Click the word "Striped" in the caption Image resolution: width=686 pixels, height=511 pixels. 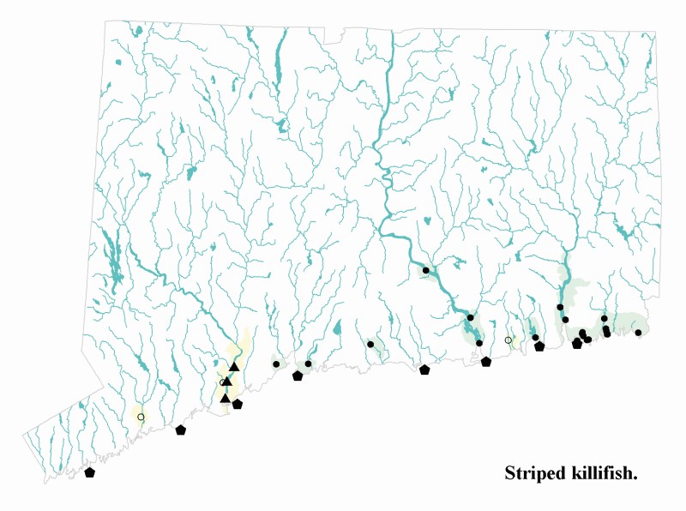click(x=534, y=473)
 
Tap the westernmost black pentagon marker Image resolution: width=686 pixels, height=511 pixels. click(x=89, y=472)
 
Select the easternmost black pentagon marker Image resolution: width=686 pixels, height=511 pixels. click(x=577, y=344)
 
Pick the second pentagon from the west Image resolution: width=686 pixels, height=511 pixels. click(x=180, y=430)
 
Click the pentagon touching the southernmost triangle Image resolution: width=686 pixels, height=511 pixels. click(x=237, y=403)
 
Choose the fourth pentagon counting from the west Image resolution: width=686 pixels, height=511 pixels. click(x=298, y=376)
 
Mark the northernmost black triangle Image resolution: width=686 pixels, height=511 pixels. click(x=233, y=367)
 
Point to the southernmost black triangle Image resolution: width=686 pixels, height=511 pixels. click(x=225, y=398)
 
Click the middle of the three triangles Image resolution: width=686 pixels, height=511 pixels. click(x=227, y=382)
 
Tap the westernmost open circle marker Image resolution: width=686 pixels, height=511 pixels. click(x=141, y=417)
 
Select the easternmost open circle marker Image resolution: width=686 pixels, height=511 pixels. click(x=508, y=340)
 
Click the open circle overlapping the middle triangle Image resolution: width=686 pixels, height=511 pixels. click(x=223, y=382)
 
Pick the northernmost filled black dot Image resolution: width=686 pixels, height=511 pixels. click(x=425, y=270)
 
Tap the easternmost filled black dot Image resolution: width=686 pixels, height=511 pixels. click(x=638, y=333)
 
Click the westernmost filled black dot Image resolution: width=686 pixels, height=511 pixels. click(x=276, y=364)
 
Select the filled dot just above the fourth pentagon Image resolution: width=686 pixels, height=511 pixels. click(x=308, y=364)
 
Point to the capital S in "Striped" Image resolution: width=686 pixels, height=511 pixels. click(x=510, y=473)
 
